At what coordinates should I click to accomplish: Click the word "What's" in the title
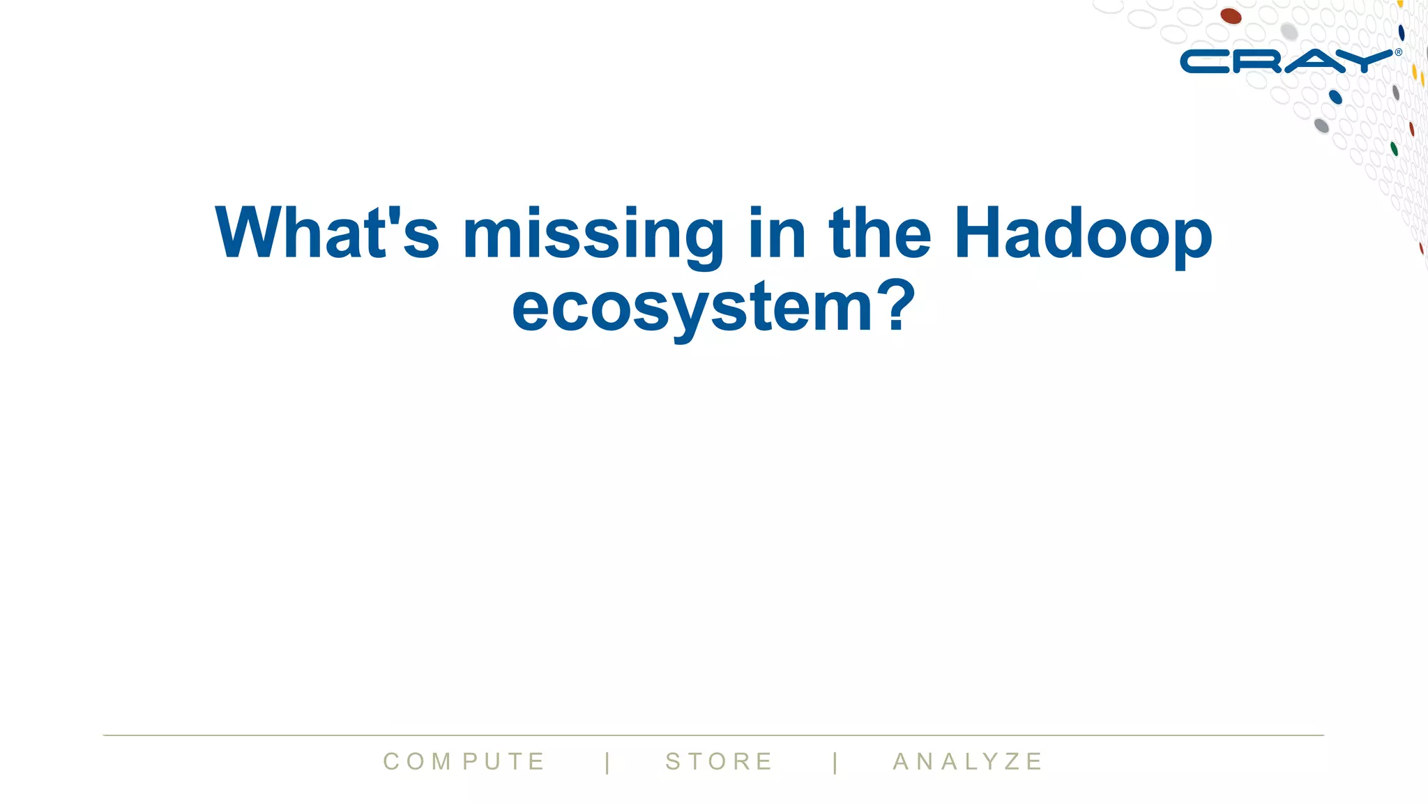coord(326,233)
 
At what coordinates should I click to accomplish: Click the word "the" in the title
coord(879,233)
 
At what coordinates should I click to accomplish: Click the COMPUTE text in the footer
coord(464,761)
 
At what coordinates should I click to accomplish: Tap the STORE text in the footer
coord(719,761)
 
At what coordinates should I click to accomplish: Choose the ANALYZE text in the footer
coord(968,761)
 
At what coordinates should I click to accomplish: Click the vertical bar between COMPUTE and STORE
coord(608,762)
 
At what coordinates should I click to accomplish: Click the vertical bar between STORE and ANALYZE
coord(835,762)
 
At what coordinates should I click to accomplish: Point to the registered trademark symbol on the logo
coord(1398,52)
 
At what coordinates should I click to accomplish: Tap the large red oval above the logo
coord(1231,16)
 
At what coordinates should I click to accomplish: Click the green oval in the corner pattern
coord(1394,148)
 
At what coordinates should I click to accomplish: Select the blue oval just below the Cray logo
coord(1335,97)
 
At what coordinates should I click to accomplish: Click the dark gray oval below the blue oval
coord(1321,125)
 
